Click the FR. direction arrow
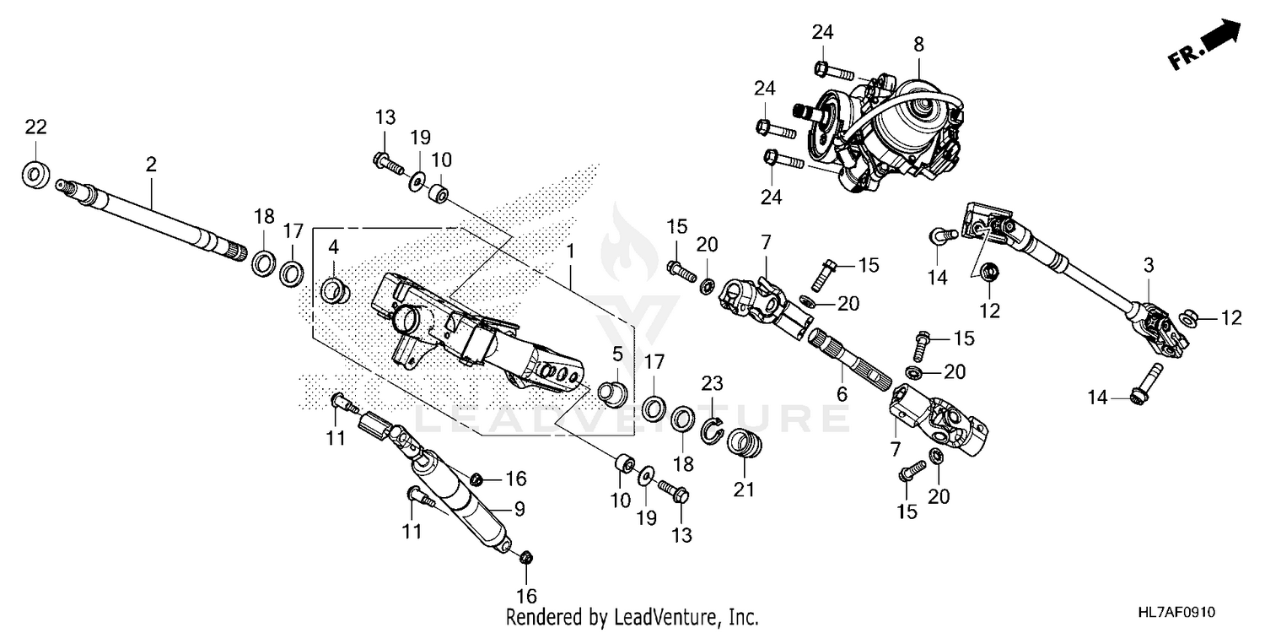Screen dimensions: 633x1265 tap(1205, 46)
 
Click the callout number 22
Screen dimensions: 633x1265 tap(35, 127)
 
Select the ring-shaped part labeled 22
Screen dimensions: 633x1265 tap(35, 175)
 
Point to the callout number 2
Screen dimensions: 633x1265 tap(151, 165)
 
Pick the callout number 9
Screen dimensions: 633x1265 tap(519, 510)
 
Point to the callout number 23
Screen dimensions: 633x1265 tap(713, 384)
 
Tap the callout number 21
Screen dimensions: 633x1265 tap(744, 490)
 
